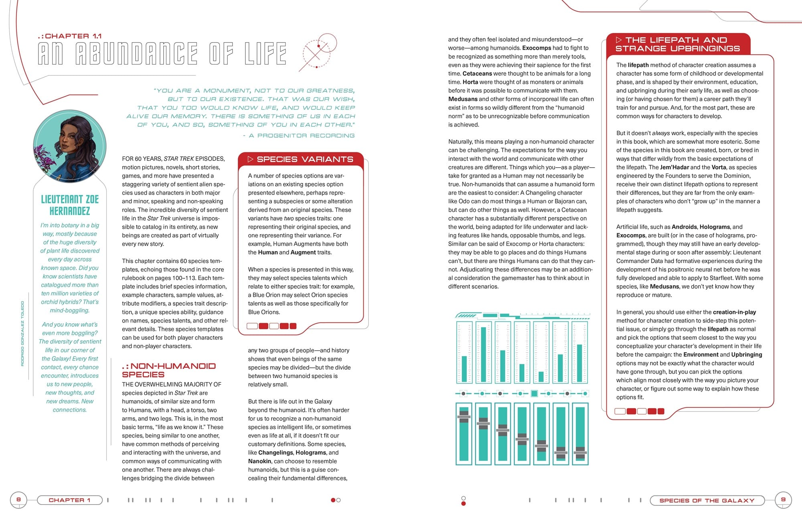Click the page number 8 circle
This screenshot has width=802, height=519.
(18, 500)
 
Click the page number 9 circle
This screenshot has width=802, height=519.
(783, 500)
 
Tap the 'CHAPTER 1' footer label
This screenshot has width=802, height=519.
(69, 500)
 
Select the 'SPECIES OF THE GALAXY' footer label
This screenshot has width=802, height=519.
(707, 501)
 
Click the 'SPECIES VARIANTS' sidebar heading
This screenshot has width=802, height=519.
(305, 159)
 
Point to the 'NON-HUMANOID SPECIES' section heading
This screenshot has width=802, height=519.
(168, 370)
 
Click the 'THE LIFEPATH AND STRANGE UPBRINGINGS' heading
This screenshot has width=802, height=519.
(677, 44)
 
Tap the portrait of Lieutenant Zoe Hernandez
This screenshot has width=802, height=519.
(70, 146)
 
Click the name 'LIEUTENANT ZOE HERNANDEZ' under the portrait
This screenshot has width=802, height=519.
(70, 205)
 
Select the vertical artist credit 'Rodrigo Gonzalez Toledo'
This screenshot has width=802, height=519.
(22, 333)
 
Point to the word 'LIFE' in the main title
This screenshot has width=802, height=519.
(265, 54)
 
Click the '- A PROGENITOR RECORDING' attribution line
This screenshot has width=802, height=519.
(298, 136)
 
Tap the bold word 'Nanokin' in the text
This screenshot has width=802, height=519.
(259, 461)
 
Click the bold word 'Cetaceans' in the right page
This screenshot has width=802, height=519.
(477, 73)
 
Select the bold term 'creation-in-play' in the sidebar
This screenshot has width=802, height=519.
(734, 312)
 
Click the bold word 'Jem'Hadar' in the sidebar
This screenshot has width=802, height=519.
(674, 167)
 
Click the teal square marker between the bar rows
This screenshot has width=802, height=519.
(534, 393)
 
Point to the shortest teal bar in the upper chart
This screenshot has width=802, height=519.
(541, 377)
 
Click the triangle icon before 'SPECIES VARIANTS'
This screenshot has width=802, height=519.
(250, 159)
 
